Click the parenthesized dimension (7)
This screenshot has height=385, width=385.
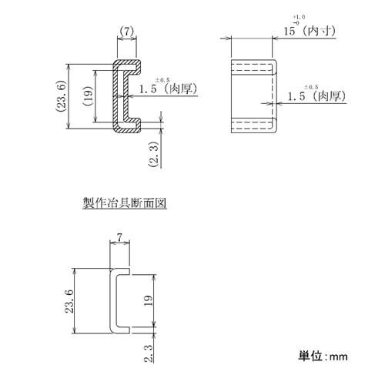(x=126, y=32)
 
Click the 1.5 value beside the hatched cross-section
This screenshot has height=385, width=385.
(x=149, y=89)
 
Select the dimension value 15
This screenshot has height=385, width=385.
(x=289, y=33)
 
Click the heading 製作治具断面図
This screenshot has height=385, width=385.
(x=124, y=203)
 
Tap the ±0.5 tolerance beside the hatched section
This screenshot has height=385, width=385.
(x=162, y=79)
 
